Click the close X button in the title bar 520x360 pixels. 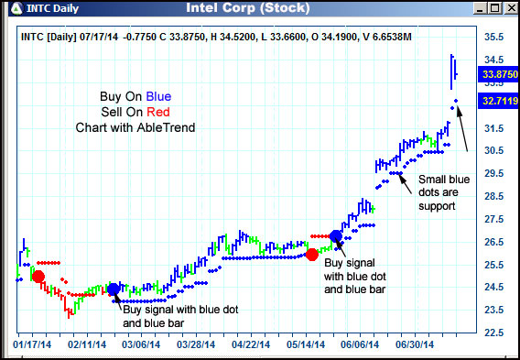[509, 9]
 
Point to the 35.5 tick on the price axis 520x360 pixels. [494, 38]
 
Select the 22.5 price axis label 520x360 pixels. [494, 332]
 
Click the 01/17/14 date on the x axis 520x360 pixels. [32, 345]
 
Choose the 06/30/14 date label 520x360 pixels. [414, 345]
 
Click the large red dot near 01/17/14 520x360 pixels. [38, 277]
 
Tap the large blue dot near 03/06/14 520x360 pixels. [114, 289]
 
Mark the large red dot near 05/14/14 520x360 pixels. [312, 254]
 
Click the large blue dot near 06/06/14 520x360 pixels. [336, 236]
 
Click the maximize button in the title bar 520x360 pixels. [493, 9]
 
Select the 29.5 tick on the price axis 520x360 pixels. [494, 173]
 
